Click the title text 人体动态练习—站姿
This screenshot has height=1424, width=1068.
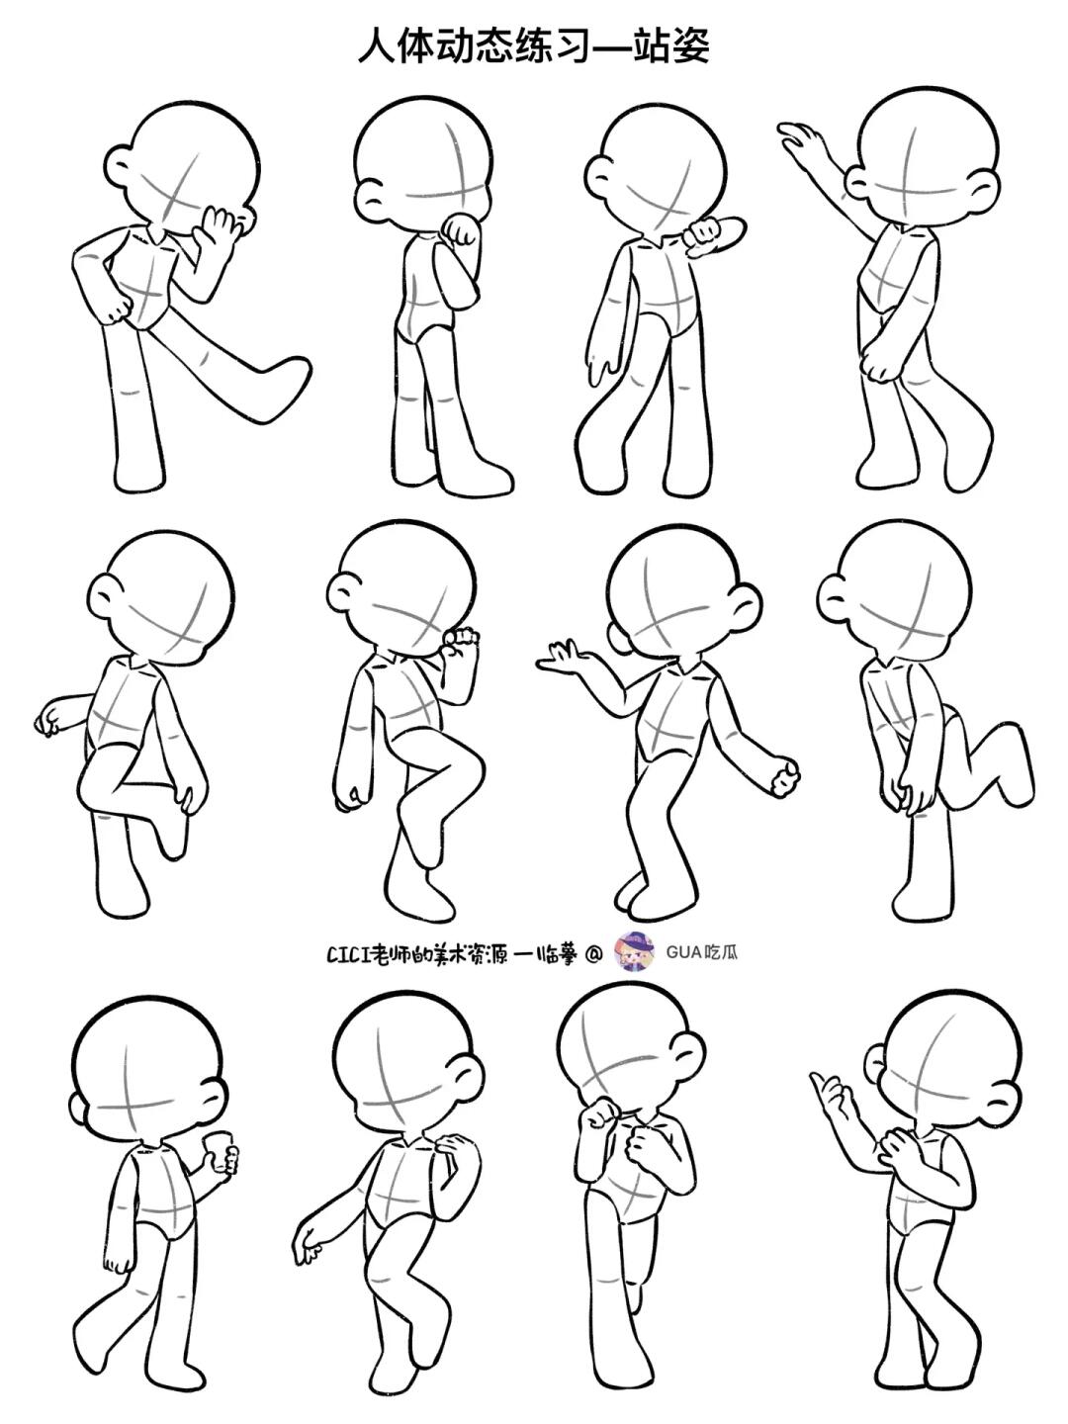pos(534,45)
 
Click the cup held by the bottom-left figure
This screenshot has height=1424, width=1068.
pos(218,1149)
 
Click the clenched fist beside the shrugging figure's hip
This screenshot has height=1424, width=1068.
pos(784,777)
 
